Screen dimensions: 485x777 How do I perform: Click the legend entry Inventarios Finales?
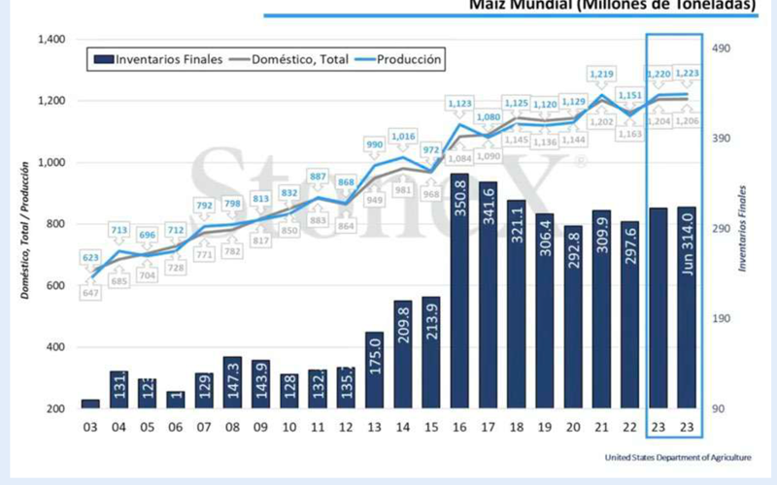point(159,59)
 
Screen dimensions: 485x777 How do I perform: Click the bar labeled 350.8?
point(459,291)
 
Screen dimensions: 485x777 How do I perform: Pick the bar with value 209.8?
point(403,354)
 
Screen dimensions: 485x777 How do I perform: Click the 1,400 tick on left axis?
point(50,40)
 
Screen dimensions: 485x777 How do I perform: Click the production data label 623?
point(90,258)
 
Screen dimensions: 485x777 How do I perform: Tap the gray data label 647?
point(90,292)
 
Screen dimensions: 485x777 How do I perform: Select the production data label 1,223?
point(686,73)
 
